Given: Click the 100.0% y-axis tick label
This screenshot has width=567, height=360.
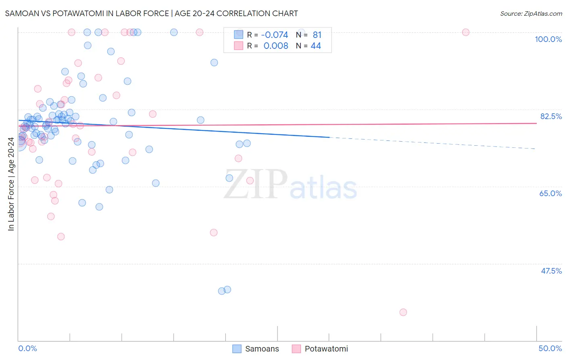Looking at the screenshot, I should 548,39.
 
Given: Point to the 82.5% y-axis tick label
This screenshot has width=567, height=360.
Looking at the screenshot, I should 551,116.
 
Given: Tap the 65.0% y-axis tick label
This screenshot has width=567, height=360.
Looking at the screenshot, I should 550,193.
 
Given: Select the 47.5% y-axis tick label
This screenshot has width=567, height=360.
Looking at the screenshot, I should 551,271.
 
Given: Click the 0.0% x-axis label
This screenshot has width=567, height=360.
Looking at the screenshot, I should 27,348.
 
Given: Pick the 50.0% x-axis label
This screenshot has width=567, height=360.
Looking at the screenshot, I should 550,348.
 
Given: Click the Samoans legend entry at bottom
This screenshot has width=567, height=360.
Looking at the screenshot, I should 262,349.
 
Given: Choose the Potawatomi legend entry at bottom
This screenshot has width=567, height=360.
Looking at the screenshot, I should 326,349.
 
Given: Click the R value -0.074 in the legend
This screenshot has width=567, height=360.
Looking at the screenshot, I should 275,35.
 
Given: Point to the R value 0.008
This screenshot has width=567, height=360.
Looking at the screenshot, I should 276,46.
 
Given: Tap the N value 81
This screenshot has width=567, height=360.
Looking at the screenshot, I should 317,35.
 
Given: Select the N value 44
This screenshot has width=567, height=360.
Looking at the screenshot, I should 316,46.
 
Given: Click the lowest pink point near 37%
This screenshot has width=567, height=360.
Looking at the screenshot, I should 403,312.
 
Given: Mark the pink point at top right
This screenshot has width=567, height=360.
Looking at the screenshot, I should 466,32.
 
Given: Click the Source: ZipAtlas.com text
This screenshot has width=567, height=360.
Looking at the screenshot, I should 531,14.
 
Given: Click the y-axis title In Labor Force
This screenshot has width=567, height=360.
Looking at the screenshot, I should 11,184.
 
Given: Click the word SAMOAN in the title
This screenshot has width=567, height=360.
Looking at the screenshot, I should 20,13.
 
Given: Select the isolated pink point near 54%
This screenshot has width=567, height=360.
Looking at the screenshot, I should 214,232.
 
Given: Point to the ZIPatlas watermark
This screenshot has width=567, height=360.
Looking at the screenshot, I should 290,185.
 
